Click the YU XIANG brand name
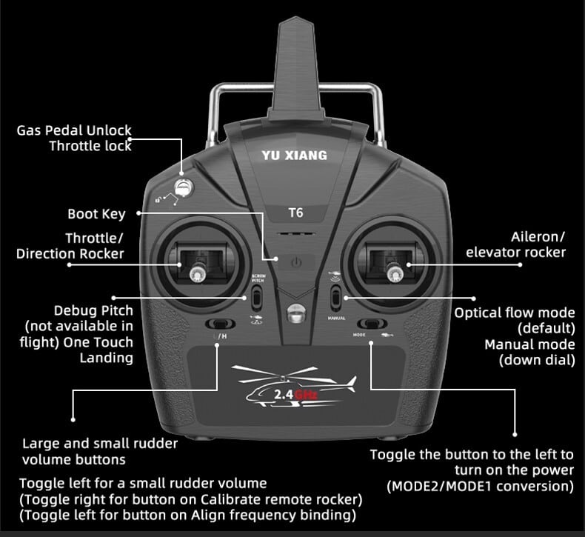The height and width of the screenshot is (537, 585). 294,156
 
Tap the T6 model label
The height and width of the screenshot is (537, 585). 295,213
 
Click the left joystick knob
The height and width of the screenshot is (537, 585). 197,275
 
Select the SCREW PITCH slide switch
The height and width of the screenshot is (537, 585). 257,298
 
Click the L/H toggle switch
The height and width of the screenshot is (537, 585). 218,324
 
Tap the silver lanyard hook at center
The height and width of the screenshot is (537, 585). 295,313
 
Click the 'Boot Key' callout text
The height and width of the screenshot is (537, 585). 96,214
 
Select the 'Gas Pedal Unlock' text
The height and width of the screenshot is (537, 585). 74,131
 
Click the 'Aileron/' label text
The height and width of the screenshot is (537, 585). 538,237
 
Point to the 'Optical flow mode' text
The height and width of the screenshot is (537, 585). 514,313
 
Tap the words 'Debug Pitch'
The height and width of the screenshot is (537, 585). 93,310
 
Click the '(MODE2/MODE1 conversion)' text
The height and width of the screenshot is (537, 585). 480,487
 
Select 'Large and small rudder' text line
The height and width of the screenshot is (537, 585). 100,444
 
